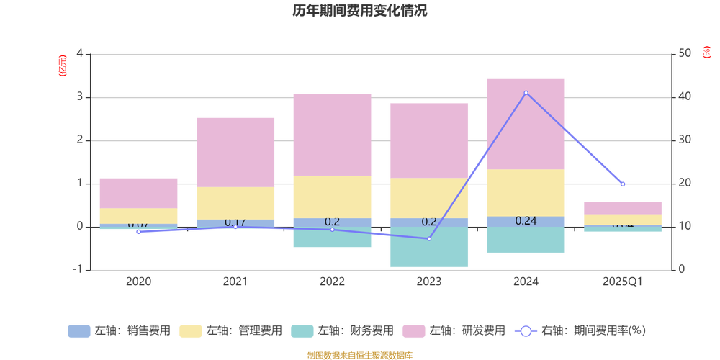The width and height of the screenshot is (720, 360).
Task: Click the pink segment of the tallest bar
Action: (x=526, y=123)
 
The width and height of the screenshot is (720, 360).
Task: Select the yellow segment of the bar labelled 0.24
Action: (x=526, y=192)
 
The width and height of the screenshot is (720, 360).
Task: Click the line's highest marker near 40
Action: (x=526, y=93)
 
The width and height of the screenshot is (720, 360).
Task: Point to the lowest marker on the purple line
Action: (x=429, y=238)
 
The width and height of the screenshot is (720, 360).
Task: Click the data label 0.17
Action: (x=235, y=222)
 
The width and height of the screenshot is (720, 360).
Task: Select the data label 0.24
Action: (x=526, y=221)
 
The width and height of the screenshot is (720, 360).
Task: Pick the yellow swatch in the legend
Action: (x=191, y=331)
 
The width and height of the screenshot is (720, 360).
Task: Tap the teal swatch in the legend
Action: (x=302, y=331)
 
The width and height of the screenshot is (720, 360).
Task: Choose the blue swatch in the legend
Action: (x=78, y=331)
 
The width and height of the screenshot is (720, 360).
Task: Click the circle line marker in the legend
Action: (x=526, y=331)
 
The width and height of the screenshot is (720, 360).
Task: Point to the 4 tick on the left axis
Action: (x=79, y=53)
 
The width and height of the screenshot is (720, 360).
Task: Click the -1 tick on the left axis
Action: (x=78, y=269)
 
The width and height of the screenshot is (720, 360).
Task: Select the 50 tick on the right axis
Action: (x=685, y=53)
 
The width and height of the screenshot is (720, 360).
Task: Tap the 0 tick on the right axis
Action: (x=682, y=269)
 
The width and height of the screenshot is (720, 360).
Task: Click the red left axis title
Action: (x=63, y=65)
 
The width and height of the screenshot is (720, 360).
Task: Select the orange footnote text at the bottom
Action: (x=359, y=354)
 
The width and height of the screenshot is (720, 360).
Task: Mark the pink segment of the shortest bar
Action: (x=623, y=207)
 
